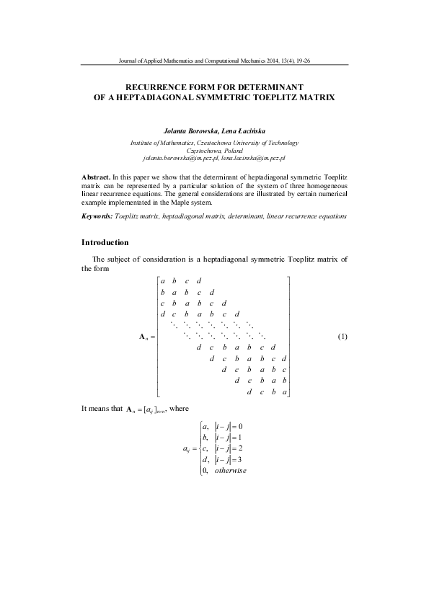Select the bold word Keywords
pos(97,216)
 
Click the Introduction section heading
pos(105,242)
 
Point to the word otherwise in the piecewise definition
pos(231,471)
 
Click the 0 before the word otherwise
pos(205,471)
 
